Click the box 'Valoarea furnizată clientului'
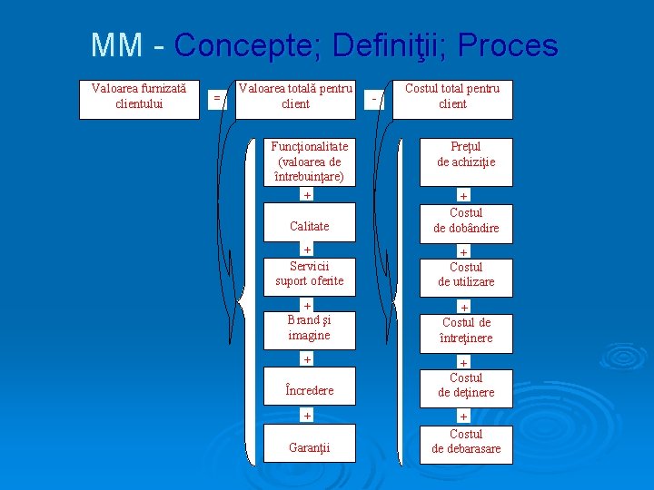point(139,100)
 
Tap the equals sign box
point(216,97)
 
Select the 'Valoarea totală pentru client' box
point(295,100)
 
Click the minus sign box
point(374,98)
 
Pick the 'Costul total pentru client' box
point(452,100)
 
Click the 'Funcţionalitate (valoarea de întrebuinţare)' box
point(309,162)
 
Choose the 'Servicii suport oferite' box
point(309,274)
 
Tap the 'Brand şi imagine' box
point(309,328)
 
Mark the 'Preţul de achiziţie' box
point(466,159)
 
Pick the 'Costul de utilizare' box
point(466,276)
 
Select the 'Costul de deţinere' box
point(466,387)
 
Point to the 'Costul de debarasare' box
point(466,443)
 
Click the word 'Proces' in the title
point(508,45)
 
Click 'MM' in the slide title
point(116,45)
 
